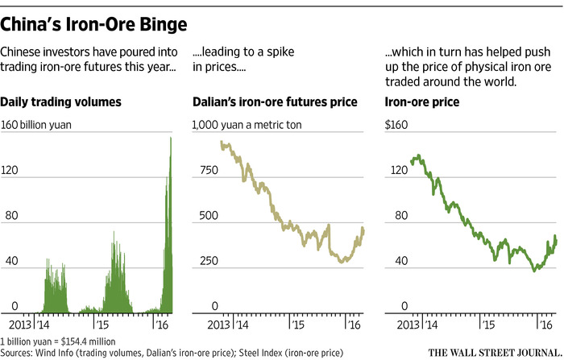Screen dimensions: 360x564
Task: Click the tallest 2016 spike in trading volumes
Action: tap(171, 139)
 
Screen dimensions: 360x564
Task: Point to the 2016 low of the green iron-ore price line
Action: tap(534, 270)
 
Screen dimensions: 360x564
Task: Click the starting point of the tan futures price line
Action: tap(222, 143)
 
